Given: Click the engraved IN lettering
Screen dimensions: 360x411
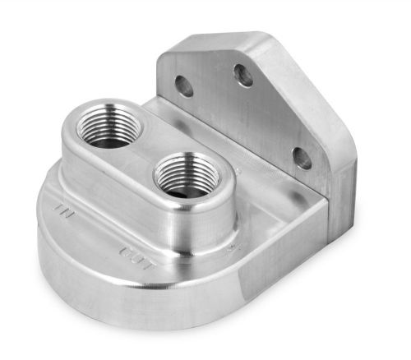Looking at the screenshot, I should point(59,211).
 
